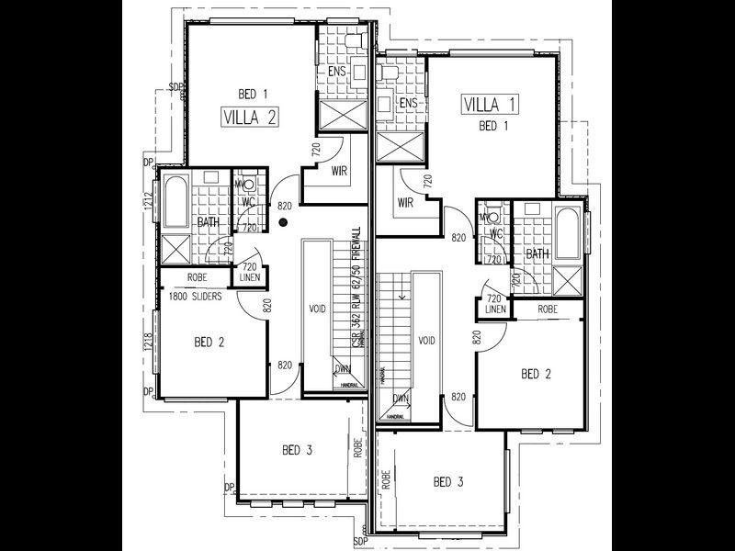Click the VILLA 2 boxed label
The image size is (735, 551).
tap(250, 117)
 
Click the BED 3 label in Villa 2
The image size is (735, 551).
tap(298, 450)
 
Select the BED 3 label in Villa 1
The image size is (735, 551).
tap(447, 482)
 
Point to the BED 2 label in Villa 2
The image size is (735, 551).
tap(209, 343)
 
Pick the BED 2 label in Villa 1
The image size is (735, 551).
tap(537, 374)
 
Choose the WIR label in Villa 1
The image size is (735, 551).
tap(405, 202)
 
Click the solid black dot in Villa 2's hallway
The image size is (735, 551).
tap(284, 221)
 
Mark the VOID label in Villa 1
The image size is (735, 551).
tap(426, 340)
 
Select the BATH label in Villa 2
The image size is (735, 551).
tap(208, 222)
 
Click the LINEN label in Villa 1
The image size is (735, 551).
tap(495, 310)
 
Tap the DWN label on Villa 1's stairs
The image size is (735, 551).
tap(400, 399)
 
